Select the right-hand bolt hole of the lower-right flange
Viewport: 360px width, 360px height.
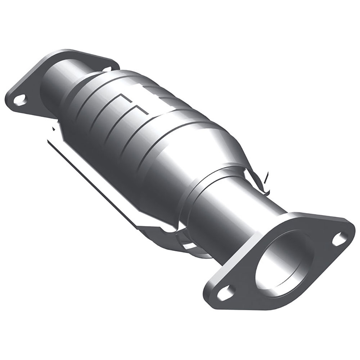tap(339, 239)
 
